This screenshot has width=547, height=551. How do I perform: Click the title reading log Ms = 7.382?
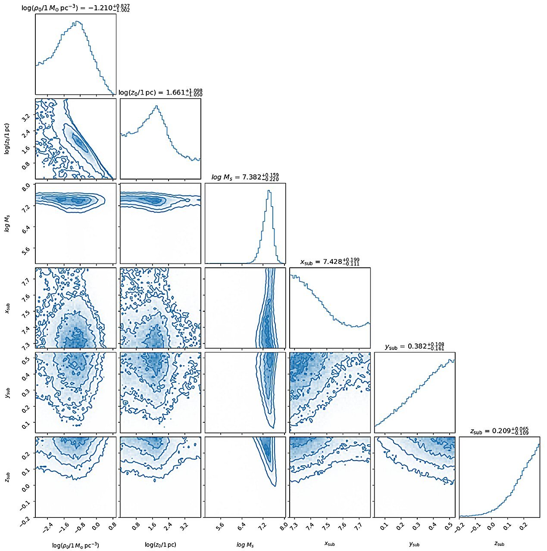tap(245, 177)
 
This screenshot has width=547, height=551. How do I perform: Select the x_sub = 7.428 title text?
tap(329, 262)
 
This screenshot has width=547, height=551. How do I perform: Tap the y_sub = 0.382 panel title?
tap(414, 346)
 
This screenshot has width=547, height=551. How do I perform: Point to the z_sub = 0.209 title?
tap(499, 431)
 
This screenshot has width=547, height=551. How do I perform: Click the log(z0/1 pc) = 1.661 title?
tap(160, 93)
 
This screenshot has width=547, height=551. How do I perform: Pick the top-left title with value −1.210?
tap(75, 8)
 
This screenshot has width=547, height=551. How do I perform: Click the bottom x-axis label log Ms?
tap(245, 545)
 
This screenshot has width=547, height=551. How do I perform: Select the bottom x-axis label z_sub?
tap(499, 544)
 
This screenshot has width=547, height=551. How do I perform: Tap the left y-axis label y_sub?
tap(7, 393)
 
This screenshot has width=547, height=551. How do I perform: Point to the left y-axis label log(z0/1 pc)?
tap(7, 138)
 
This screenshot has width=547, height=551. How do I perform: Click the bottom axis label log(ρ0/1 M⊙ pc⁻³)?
tap(75, 545)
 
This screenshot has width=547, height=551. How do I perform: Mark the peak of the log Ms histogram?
tap(269, 191)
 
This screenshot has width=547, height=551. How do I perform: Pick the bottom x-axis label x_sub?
tap(329, 544)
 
